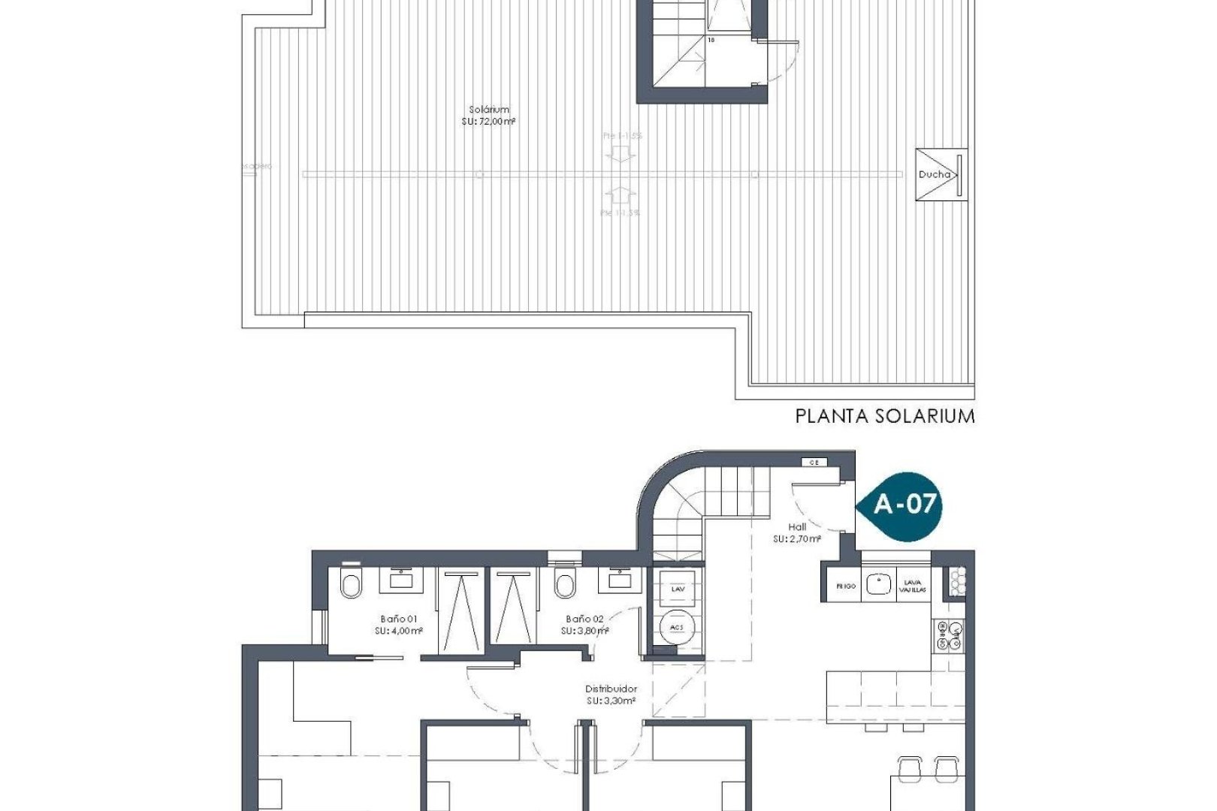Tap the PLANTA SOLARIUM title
tap(885, 416)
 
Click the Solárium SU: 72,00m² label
tap(488, 115)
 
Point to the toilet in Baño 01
tap(350, 583)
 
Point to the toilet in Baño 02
tap(564, 583)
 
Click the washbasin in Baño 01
tap(400, 579)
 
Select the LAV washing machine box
tap(678, 589)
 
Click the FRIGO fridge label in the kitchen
tap(845, 586)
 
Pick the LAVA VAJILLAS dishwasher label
tap(913, 586)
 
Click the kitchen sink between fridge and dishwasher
tap(877, 583)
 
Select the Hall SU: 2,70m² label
tap(797, 532)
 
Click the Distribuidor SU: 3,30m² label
tap(612, 694)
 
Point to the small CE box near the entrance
tap(813, 463)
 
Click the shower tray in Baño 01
tap(459, 612)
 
